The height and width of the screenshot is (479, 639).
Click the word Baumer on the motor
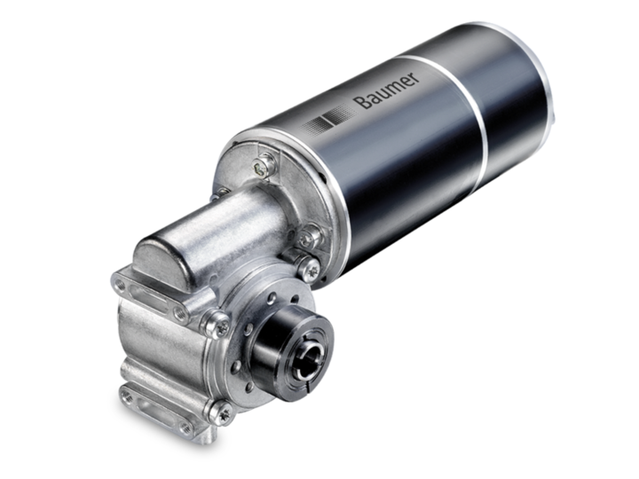pyautogui.click(x=385, y=90)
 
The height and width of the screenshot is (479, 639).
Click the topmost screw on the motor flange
pyautogui.click(x=262, y=165)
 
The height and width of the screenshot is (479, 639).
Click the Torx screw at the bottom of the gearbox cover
pyautogui.click(x=221, y=412)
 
